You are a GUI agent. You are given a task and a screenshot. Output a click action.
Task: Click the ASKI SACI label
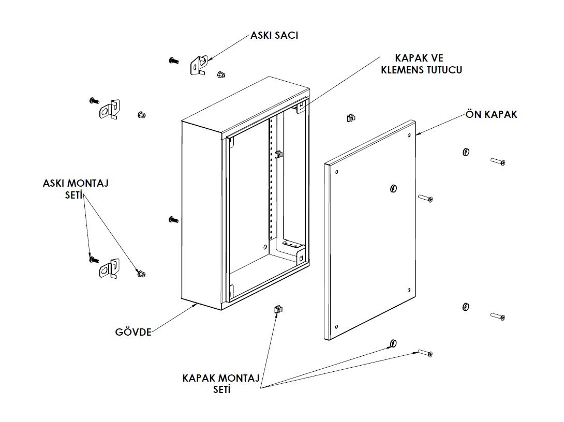coord(274,36)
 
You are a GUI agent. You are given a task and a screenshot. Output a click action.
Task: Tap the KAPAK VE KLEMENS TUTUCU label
coord(421,64)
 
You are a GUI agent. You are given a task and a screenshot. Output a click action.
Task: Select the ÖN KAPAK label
coord(492,114)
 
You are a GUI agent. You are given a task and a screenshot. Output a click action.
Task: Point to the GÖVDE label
coord(133,332)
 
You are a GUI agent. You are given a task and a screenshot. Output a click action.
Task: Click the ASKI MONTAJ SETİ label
coord(76,189)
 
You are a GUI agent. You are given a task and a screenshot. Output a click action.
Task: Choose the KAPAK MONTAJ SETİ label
coord(221,384)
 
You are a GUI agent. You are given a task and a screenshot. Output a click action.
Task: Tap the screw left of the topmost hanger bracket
coord(174,61)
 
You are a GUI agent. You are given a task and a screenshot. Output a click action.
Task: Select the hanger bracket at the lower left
coord(109,268)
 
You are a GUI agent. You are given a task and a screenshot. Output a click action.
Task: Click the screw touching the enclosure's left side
coord(173,219)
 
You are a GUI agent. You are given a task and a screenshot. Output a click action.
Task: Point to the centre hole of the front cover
coord(393,188)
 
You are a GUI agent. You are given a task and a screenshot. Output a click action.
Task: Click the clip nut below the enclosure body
coord(278,309)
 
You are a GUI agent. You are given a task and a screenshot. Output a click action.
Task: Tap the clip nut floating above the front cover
coord(351,117)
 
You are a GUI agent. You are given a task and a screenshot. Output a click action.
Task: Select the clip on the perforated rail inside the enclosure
coord(278,155)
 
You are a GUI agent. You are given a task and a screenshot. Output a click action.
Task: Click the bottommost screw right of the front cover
coord(425,353)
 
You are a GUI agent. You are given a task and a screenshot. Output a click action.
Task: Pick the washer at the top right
coord(466,152)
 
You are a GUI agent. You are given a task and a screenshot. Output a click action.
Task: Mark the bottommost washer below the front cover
coord(393,343)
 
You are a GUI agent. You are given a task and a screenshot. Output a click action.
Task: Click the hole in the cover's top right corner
coord(410,135)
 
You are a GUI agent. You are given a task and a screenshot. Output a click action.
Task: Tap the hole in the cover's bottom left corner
coord(336,327)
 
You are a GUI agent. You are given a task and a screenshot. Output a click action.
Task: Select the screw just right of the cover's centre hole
coord(425,198)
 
